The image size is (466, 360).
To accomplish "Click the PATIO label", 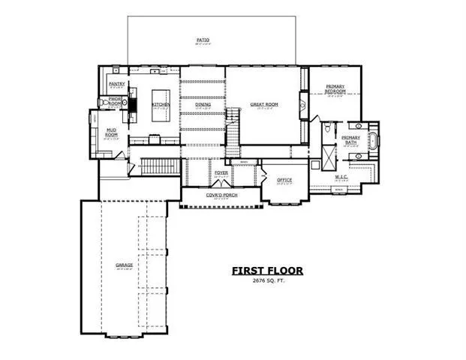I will [x=203, y=39].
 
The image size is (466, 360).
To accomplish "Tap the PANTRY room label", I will [x=116, y=84].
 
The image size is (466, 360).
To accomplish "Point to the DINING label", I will [x=203, y=104].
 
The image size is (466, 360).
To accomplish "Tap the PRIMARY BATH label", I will [x=351, y=138].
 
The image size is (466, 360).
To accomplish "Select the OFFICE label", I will [x=284, y=180].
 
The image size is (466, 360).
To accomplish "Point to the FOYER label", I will [x=221, y=173].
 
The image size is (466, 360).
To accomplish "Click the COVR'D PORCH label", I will [x=221, y=195].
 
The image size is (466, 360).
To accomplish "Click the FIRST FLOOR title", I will [x=266, y=270].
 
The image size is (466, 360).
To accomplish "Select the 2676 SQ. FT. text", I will [x=266, y=281].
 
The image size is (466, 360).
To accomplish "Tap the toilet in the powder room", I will [x=103, y=103].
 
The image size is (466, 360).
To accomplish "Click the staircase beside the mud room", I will [x=158, y=166].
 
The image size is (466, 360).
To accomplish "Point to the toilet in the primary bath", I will [x=327, y=130].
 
